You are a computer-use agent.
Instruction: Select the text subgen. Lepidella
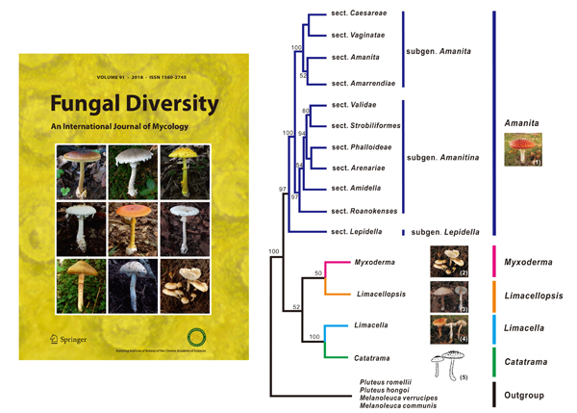[x=446, y=232]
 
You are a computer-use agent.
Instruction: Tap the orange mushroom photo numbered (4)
[x=449, y=328]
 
